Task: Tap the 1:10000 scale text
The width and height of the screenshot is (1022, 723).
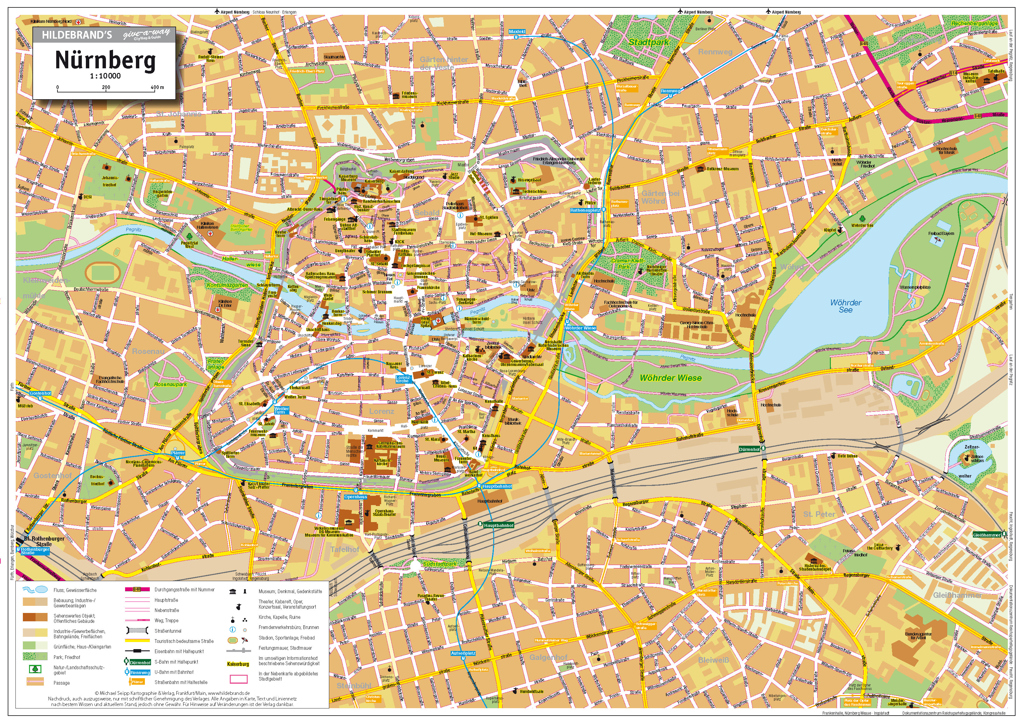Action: [106, 76]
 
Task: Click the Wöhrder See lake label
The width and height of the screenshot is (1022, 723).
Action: [845, 306]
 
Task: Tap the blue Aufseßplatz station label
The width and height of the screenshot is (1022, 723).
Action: [463, 653]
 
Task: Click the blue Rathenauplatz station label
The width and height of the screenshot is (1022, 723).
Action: [585, 210]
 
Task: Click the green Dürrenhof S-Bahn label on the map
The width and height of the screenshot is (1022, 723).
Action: [749, 449]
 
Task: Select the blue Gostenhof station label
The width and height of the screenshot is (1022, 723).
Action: [40, 393]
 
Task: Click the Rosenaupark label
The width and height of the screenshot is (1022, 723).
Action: [170, 384]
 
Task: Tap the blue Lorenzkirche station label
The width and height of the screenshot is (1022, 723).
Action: [402, 379]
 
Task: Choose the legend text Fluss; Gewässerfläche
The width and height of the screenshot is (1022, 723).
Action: [75, 590]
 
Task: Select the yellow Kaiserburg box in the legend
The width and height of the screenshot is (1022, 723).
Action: [238, 664]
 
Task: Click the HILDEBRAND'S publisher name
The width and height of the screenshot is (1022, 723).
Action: [77, 35]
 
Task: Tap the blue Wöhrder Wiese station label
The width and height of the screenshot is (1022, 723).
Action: [580, 328]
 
